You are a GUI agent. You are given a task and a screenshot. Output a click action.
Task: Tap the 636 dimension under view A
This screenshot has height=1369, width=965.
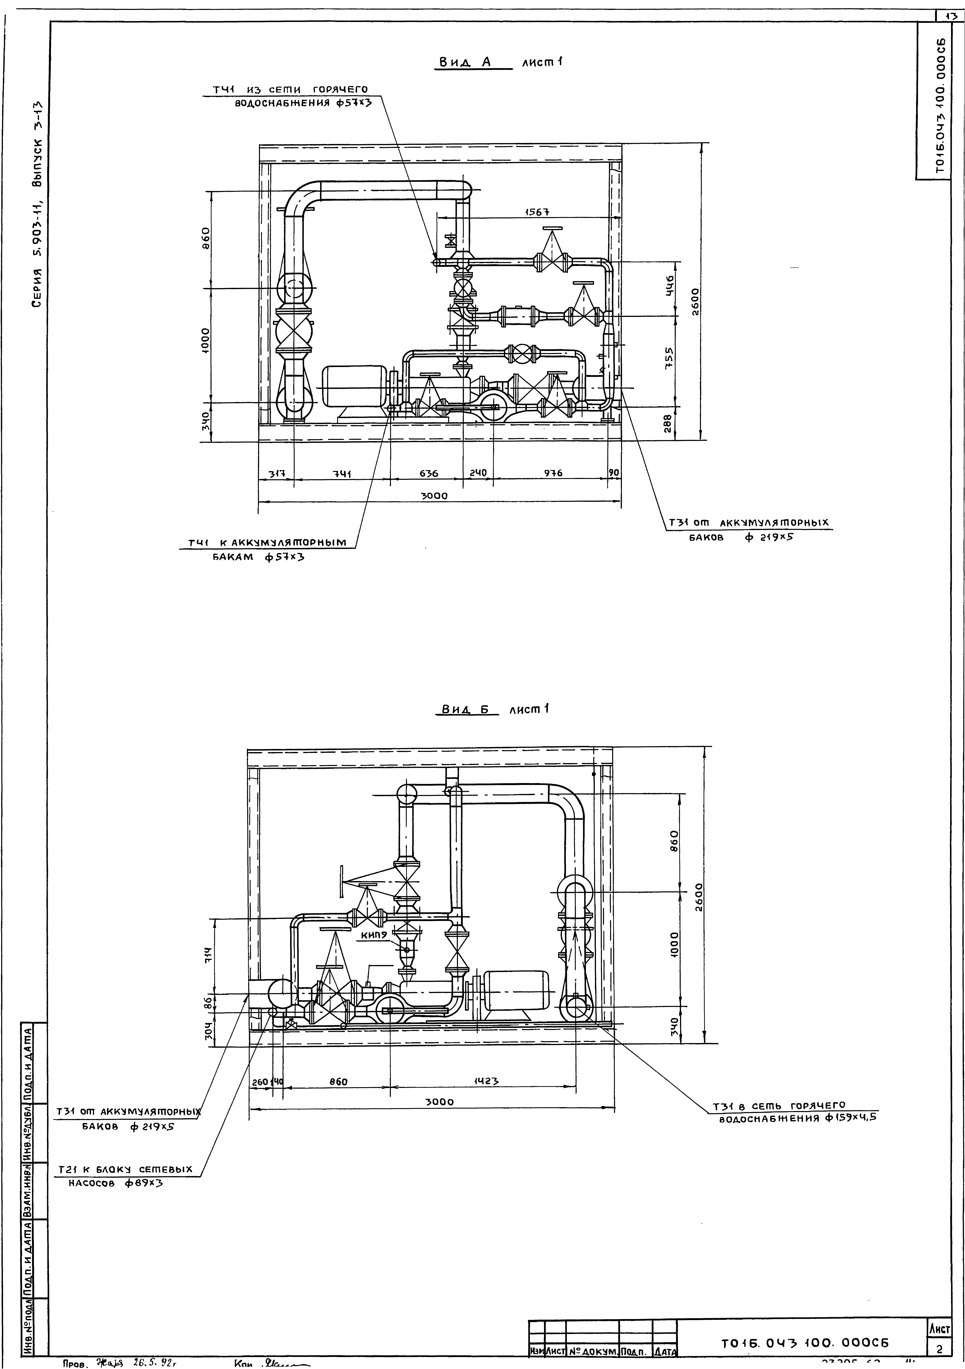click(x=428, y=473)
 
